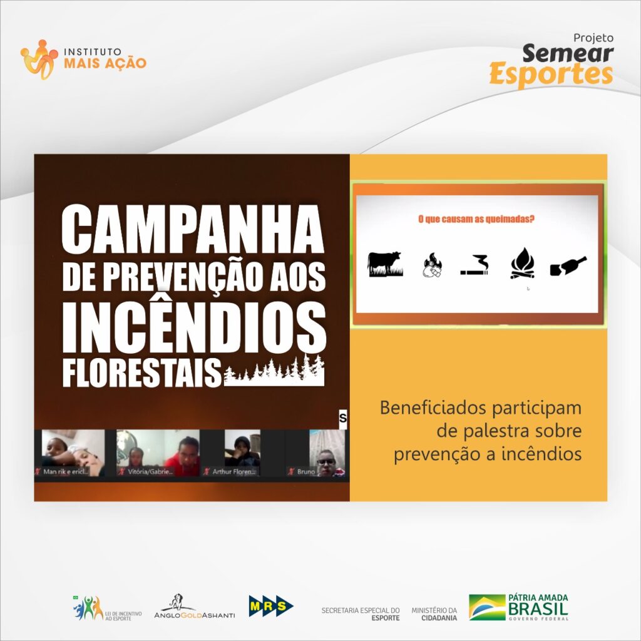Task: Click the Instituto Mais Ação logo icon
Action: pyautogui.click(x=39, y=60)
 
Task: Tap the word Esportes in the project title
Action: pyautogui.click(x=551, y=74)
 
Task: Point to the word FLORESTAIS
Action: pyautogui.click(x=142, y=373)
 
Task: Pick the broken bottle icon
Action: pyautogui.click(x=568, y=266)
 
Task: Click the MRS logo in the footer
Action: pyautogui.click(x=271, y=606)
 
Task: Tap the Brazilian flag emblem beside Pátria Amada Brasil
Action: pyautogui.click(x=487, y=607)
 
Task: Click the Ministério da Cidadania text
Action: pyautogui.click(x=434, y=613)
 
